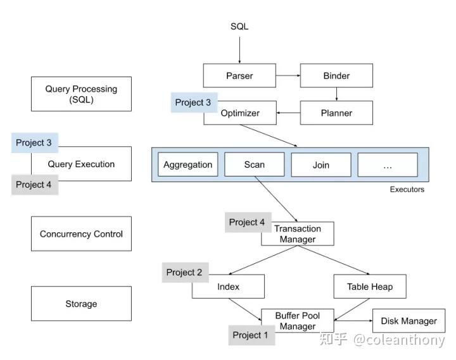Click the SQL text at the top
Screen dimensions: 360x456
pos(239,27)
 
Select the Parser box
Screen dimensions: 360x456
pos(239,76)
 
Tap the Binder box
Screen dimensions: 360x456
pos(336,76)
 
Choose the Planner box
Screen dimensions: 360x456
pos(336,113)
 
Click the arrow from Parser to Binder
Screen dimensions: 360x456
pos(288,76)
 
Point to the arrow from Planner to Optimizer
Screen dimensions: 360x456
pos(288,113)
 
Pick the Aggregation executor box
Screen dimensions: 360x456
pos(187,164)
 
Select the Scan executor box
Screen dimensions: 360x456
pos(254,164)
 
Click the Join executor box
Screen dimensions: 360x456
pos(321,164)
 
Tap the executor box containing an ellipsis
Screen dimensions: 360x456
pos(388,164)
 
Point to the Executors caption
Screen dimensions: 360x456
pos(407,189)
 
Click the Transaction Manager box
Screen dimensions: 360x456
pos(298,234)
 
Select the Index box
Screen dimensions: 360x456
pos(228,287)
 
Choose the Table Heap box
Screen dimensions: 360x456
pos(370,287)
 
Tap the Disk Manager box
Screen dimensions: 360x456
pos(408,321)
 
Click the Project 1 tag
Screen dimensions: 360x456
pos(251,335)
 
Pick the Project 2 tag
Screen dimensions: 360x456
pos(184,272)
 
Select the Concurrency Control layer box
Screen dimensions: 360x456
pos(81,234)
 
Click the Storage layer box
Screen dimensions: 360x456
pos(81,304)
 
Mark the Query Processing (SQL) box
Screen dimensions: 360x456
pos(81,94)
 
